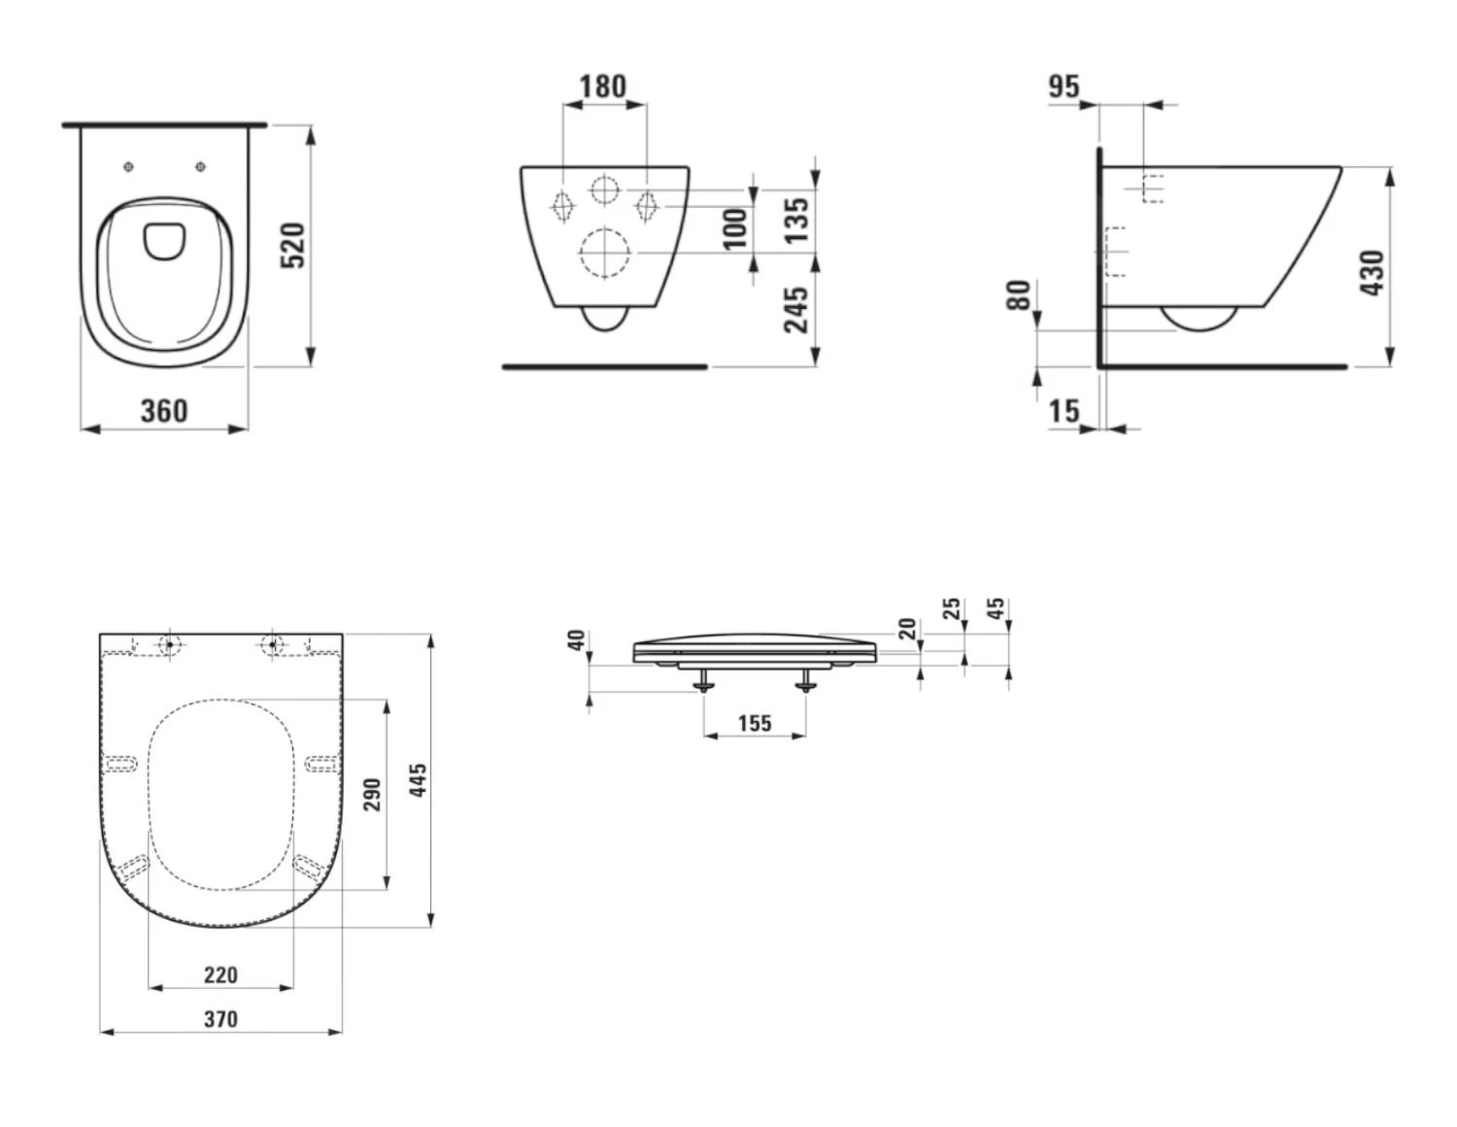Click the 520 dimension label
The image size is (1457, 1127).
click(x=293, y=245)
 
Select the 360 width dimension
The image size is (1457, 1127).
click(x=164, y=410)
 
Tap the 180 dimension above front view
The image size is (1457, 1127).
click(x=603, y=86)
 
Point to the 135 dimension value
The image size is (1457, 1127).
click(x=796, y=221)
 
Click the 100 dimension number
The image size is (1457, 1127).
click(x=735, y=229)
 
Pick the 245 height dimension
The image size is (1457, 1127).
click(x=796, y=310)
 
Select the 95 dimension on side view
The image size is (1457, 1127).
click(x=1064, y=86)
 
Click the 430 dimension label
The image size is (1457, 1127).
click(x=1372, y=273)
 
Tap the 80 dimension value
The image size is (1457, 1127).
click(x=1018, y=295)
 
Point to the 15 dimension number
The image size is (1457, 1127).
click(x=1064, y=411)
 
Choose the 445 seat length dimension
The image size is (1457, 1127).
click(x=418, y=780)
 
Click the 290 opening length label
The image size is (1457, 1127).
click(x=372, y=794)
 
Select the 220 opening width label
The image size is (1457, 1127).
click(x=220, y=974)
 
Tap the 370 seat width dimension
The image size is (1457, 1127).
click(x=220, y=1019)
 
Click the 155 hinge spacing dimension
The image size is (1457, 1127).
click(x=755, y=723)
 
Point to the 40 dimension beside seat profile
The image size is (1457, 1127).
click(x=577, y=640)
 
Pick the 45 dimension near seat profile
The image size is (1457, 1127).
click(x=996, y=609)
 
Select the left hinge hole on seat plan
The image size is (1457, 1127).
click(x=170, y=644)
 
